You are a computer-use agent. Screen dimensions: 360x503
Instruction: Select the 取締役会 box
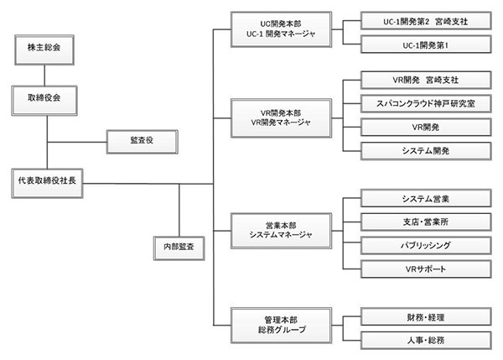(47, 98)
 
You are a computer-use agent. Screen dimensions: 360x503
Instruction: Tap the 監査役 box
(141, 140)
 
